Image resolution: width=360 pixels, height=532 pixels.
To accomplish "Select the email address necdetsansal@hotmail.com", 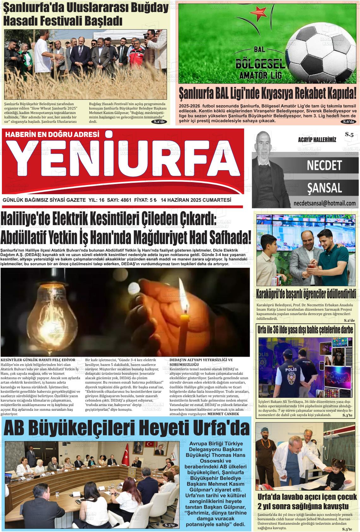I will [x=324, y=203].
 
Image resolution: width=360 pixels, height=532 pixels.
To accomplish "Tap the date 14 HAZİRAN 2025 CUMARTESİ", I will [x=196, y=200].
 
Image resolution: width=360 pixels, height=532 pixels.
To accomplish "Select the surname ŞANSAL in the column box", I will [x=324, y=188].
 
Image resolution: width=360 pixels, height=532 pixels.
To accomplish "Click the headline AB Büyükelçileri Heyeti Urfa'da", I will [x=126, y=428].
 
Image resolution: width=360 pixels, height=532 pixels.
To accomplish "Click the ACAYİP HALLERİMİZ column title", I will [x=317, y=140].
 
